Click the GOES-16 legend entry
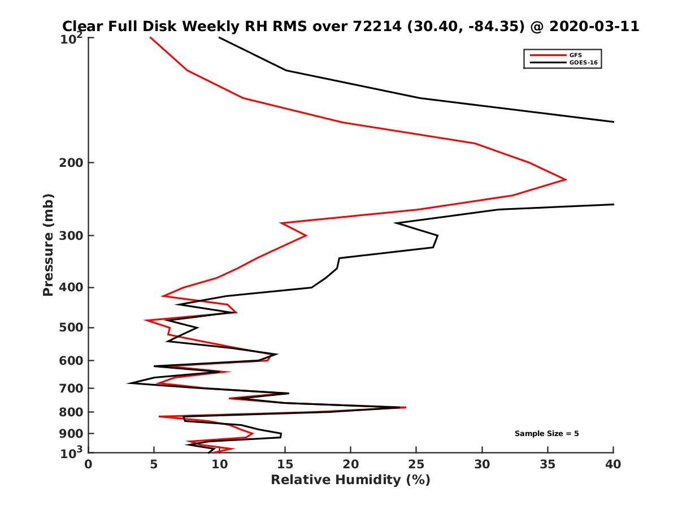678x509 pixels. click(x=582, y=62)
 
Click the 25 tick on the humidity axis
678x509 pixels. click(x=416, y=465)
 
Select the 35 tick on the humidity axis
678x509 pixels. click(x=547, y=465)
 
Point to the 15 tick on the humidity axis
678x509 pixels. click(x=285, y=465)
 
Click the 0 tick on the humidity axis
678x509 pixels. click(x=89, y=465)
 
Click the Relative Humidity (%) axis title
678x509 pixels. click(x=350, y=480)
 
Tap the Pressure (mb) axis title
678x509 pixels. click(x=48, y=244)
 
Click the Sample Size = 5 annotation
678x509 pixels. click(x=546, y=434)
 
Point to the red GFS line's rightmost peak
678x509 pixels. click(x=566, y=180)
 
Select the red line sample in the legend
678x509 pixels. click(x=547, y=55)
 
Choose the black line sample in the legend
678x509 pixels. click(x=547, y=62)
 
